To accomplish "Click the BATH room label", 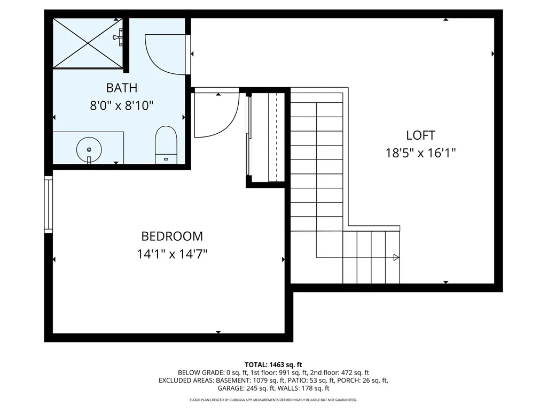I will click(x=121, y=87).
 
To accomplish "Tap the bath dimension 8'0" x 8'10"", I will click(x=121, y=105).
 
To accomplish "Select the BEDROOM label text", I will click(x=172, y=236).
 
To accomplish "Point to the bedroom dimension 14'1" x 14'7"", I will click(x=172, y=254).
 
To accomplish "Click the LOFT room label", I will click(x=420, y=135).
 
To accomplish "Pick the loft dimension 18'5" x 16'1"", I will click(x=420, y=153).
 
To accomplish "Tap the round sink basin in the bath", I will click(x=89, y=149).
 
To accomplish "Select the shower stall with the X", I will click(x=87, y=43).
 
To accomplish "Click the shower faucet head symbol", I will click(x=119, y=36).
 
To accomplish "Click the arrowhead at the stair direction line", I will click(x=396, y=257).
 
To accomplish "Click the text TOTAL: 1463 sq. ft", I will click(x=273, y=364).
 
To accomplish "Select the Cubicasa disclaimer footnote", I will click(x=273, y=400).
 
